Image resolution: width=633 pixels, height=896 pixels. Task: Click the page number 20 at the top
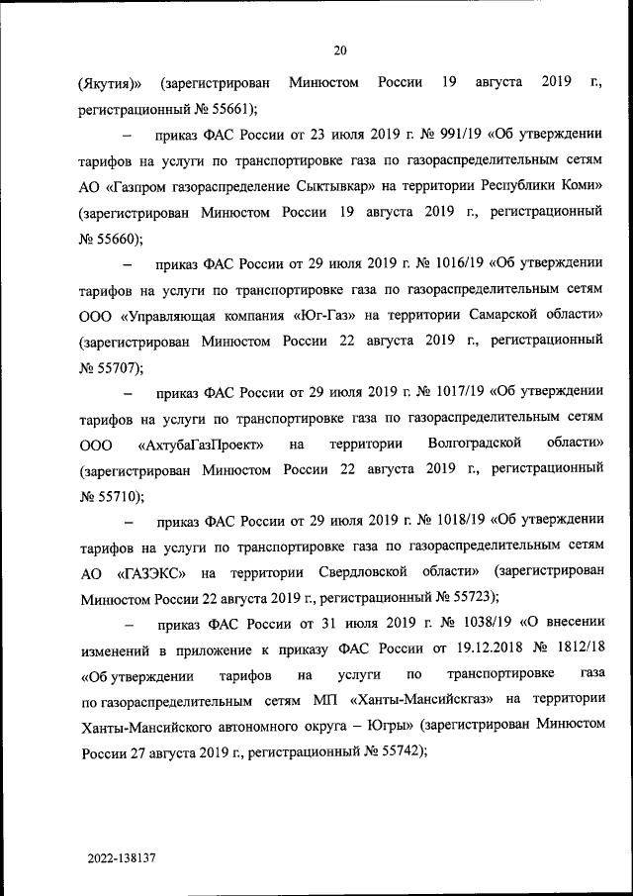click(x=339, y=51)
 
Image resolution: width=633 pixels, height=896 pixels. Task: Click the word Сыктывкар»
click(x=323, y=186)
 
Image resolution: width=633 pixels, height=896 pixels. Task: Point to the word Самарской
click(x=482, y=315)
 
